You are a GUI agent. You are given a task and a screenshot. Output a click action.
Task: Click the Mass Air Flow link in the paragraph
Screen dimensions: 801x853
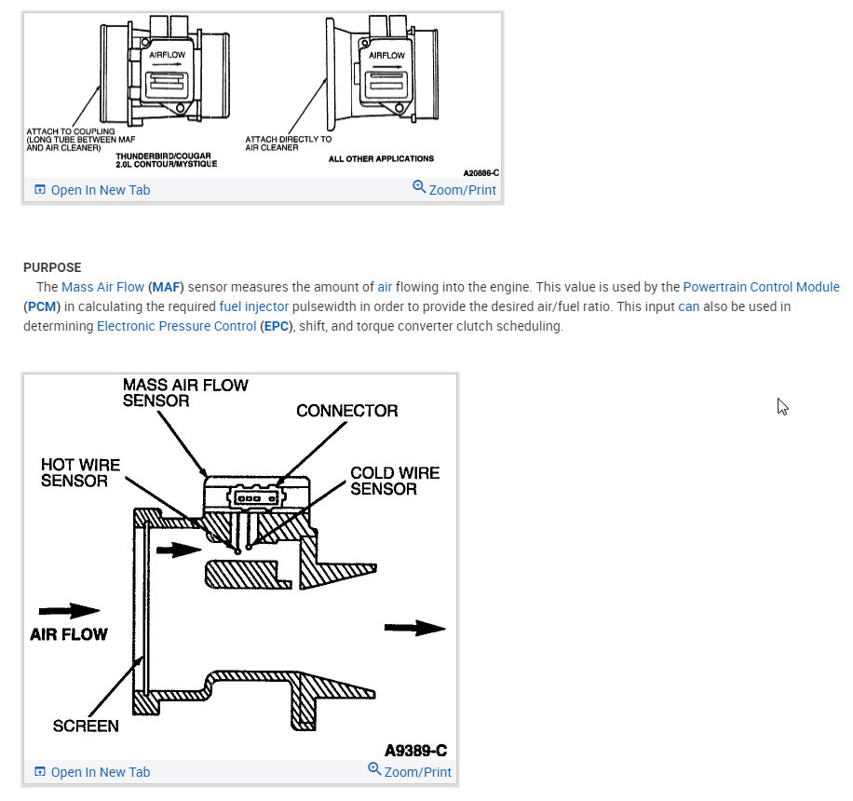(102, 287)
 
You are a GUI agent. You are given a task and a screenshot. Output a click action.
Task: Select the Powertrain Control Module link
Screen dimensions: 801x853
(761, 287)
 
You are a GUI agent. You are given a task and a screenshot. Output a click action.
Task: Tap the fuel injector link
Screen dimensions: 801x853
(254, 306)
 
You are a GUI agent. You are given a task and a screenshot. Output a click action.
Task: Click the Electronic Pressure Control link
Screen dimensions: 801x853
(176, 326)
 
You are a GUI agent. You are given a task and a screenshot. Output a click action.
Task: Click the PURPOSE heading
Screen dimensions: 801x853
(52, 267)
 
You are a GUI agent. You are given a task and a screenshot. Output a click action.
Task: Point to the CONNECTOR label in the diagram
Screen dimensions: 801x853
(346, 411)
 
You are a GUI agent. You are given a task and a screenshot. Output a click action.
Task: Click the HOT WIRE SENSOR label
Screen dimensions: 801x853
(80, 472)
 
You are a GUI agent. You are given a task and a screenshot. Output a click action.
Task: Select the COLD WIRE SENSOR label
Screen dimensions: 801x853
(395, 481)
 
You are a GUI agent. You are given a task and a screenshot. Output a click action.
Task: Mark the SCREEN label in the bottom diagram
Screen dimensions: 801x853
(86, 726)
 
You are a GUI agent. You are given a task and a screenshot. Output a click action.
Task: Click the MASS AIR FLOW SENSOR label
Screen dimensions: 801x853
(185, 392)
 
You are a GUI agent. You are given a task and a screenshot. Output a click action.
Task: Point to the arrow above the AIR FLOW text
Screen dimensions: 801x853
(70, 611)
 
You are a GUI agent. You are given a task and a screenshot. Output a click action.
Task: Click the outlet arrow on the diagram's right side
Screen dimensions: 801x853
(415, 628)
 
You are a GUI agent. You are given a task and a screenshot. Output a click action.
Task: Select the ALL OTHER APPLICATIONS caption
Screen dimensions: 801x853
(381, 159)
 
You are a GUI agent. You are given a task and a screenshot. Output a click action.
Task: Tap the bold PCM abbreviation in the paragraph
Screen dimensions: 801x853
(40, 306)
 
